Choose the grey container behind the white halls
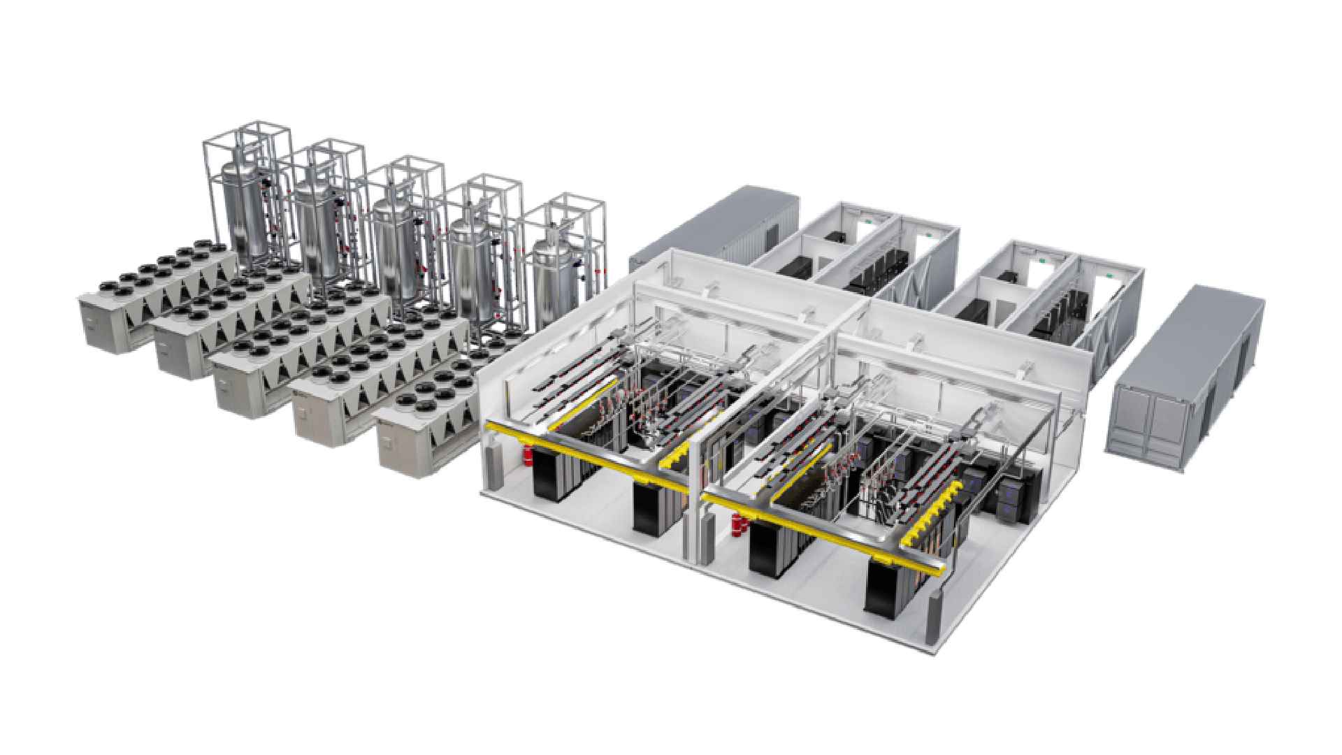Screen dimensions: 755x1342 tap(720, 224)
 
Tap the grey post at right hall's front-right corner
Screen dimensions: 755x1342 tap(933, 615)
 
